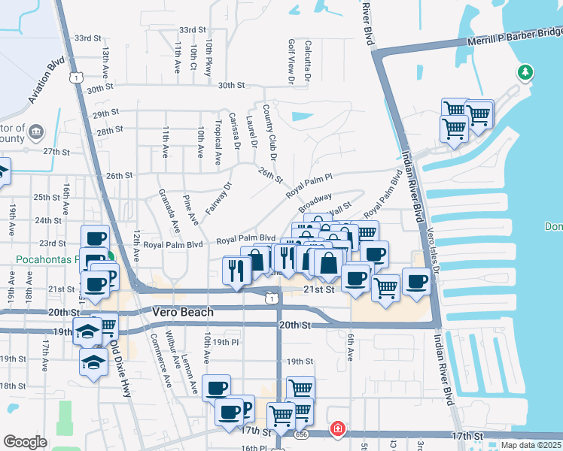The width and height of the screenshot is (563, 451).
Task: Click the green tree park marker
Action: click(525, 73)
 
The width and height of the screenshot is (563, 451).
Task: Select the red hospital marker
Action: click(338, 429)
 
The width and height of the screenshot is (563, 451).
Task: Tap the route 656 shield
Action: click(302, 434)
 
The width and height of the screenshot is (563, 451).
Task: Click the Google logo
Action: click(25, 442)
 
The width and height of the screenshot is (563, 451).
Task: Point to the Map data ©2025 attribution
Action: click(531, 445)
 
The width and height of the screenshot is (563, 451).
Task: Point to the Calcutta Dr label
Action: click(308, 60)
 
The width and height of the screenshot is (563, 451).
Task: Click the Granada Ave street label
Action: click(172, 212)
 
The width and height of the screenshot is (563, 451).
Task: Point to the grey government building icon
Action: click(35, 133)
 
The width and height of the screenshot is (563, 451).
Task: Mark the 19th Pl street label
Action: click(225, 342)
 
